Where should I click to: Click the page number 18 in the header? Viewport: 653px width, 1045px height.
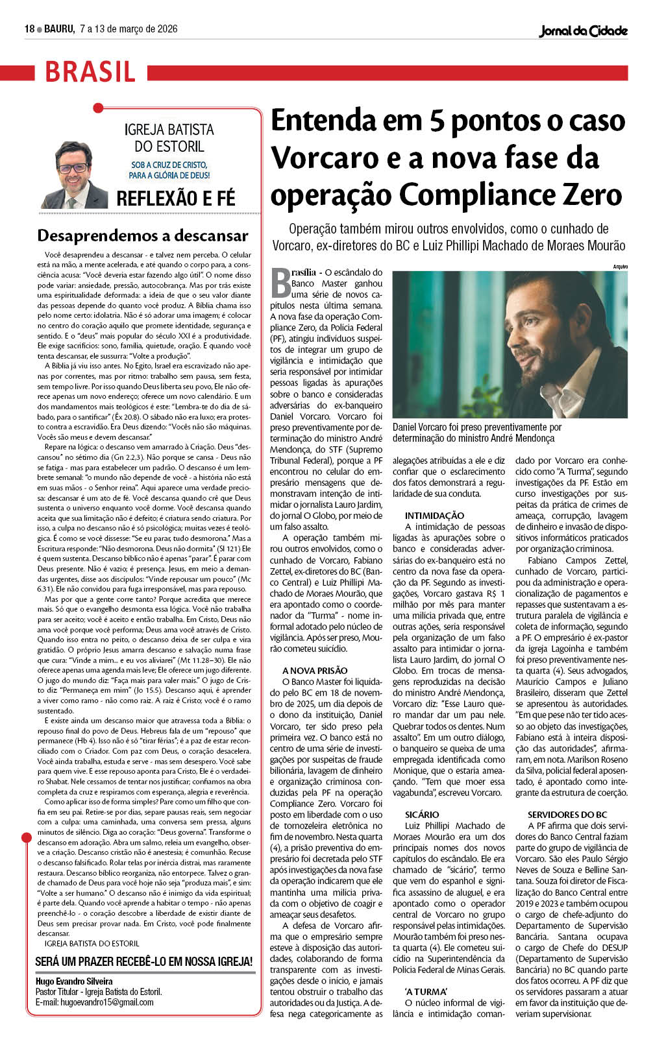29,29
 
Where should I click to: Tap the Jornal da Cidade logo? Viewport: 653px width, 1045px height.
583,30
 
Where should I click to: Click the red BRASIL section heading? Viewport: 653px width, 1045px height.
90,71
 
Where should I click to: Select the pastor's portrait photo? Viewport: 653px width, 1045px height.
75,175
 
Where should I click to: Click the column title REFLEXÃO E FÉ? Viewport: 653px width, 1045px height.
175,198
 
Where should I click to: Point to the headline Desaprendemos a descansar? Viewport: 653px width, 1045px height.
143,235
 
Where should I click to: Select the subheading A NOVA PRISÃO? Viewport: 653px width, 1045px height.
315,671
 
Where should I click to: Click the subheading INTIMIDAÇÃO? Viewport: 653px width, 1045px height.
434,516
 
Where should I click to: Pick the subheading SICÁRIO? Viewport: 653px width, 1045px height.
422,814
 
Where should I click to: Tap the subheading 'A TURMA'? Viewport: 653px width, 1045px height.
426,992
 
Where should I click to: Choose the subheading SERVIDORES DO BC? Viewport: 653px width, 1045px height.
567,814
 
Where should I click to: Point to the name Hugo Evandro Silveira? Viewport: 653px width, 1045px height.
74,981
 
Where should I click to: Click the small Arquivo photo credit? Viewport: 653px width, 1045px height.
620,267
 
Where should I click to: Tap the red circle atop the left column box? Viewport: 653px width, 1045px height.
98,108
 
